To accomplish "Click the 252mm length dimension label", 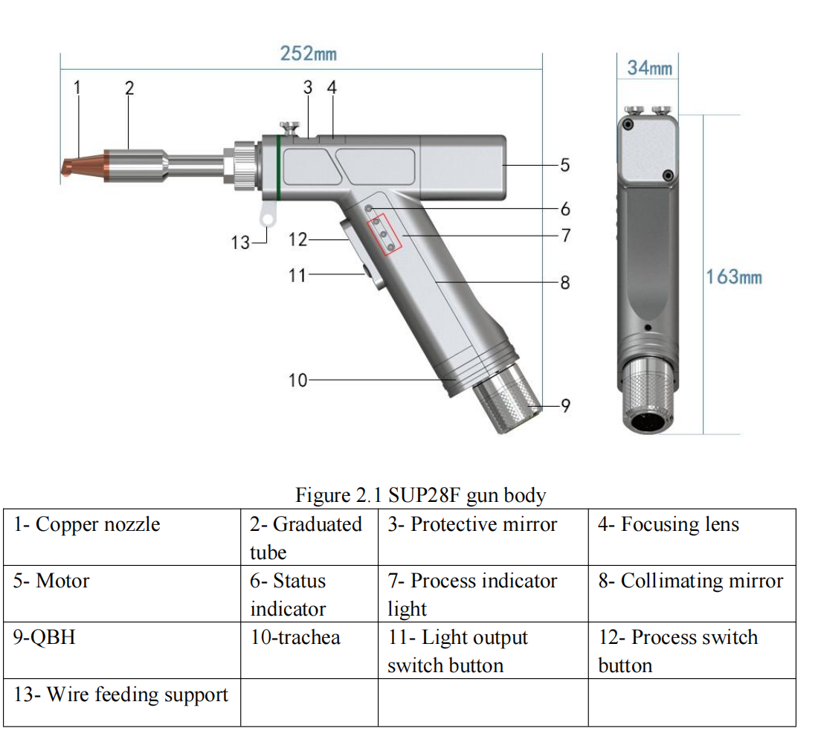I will click(308, 54).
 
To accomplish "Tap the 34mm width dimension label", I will click(649, 68).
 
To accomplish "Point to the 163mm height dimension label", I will click(734, 277).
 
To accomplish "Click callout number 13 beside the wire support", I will click(240, 242).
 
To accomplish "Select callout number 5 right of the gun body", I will click(564, 164).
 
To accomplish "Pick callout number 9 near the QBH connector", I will click(564, 405).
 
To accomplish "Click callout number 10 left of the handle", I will click(297, 380).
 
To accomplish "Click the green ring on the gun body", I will click(278, 167).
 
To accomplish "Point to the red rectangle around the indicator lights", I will click(383, 235).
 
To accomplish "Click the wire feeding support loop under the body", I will click(267, 216).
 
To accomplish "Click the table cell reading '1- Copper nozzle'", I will click(86, 525).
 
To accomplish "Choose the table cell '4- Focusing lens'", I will click(669, 525).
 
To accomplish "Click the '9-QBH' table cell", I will click(45, 637).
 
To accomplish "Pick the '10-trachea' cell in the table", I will click(295, 637).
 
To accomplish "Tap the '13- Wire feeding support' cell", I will click(120, 695).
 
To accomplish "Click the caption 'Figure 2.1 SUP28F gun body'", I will click(421, 495).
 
